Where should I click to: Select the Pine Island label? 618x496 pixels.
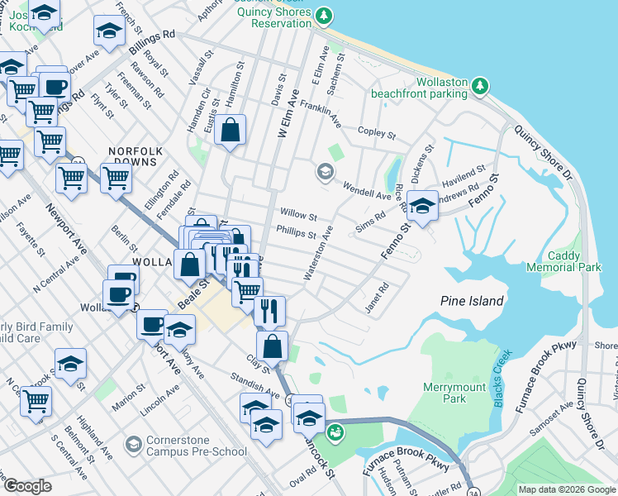click(472, 301)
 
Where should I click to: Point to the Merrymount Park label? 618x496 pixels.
click(456, 392)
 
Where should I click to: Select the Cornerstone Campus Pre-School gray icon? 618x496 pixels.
click(132, 445)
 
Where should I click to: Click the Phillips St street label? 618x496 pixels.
click(297, 233)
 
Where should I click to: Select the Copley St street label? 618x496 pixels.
click(377, 131)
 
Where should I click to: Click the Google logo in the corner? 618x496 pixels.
click(26, 485)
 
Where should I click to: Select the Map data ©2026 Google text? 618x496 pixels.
click(566, 489)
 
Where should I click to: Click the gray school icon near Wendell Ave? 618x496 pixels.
click(324, 172)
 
